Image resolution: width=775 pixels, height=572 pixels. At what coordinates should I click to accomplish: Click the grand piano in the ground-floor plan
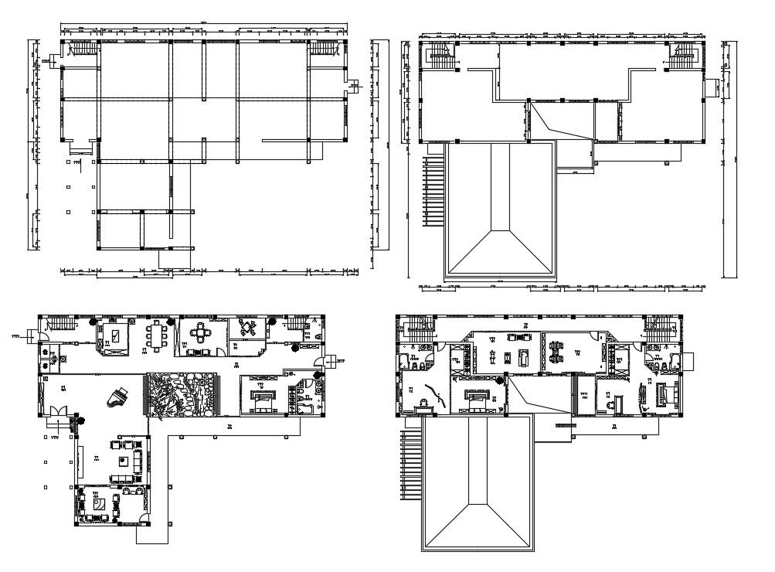(x=118, y=397)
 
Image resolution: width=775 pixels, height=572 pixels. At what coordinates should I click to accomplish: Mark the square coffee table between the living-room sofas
(x=123, y=459)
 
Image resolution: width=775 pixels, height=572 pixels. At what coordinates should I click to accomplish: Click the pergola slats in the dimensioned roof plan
(x=431, y=189)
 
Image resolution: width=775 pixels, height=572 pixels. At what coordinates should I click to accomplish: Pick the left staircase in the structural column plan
(x=80, y=49)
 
